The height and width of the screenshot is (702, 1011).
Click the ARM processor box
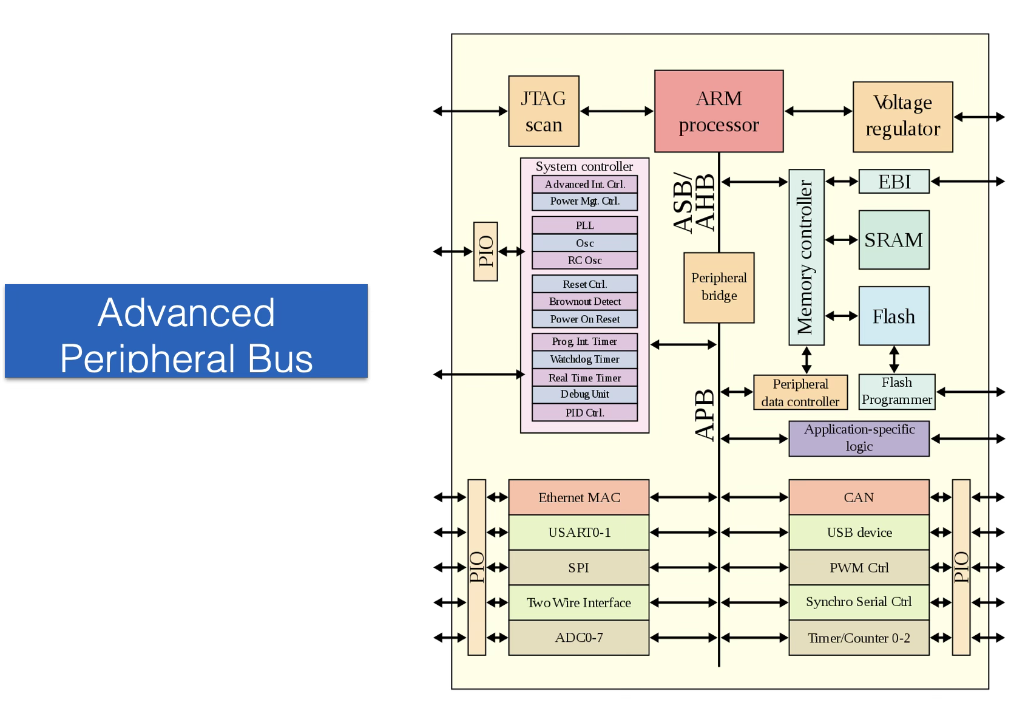pyautogui.click(x=719, y=111)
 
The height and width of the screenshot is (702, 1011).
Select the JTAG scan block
pyautogui.click(x=544, y=111)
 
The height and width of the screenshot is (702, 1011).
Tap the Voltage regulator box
pyautogui.click(x=902, y=117)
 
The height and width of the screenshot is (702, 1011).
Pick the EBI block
pyautogui.click(x=894, y=182)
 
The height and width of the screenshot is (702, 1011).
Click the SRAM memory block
pyautogui.click(x=894, y=240)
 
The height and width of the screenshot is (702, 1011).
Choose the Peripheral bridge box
pyautogui.click(x=719, y=287)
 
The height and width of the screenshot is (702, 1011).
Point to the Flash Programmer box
pyautogui.click(x=897, y=392)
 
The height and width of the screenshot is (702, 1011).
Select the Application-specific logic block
pyautogui.click(x=859, y=438)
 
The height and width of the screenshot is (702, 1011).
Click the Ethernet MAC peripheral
pyautogui.click(x=579, y=497)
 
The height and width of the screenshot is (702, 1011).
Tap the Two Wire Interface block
pyautogui.click(x=579, y=602)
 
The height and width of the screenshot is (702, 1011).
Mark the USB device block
pyautogui.click(x=859, y=533)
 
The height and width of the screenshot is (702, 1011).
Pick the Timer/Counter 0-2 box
pyautogui.click(x=859, y=638)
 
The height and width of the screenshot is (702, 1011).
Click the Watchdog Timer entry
pyautogui.click(x=585, y=360)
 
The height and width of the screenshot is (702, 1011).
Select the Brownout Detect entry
pyautogui.click(x=585, y=301)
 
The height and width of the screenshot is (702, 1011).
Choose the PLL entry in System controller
pyautogui.click(x=585, y=225)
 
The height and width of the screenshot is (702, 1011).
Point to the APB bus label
pyautogui.click(x=705, y=415)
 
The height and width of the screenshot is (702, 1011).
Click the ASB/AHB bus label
pyautogui.click(x=695, y=203)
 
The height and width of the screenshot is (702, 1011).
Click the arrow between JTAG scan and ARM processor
pyautogui.click(x=617, y=111)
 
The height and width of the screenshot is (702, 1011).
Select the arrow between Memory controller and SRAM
pyautogui.click(x=842, y=240)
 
